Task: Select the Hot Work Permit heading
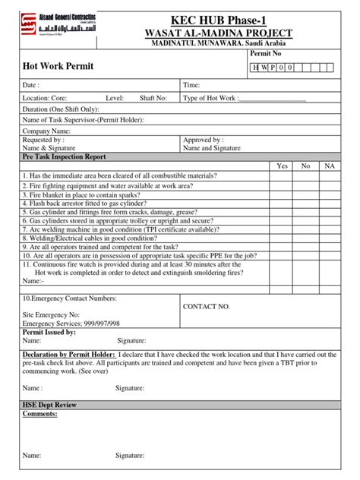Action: pos(58,66)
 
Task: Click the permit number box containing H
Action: pos(256,68)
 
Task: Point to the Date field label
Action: pos(31,86)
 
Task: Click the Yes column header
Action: pos(283,166)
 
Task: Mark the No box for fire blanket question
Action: pos(306,194)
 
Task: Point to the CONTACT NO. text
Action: pos(207,306)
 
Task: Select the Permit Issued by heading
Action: pos(49,332)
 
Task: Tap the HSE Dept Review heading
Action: pos(49,406)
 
